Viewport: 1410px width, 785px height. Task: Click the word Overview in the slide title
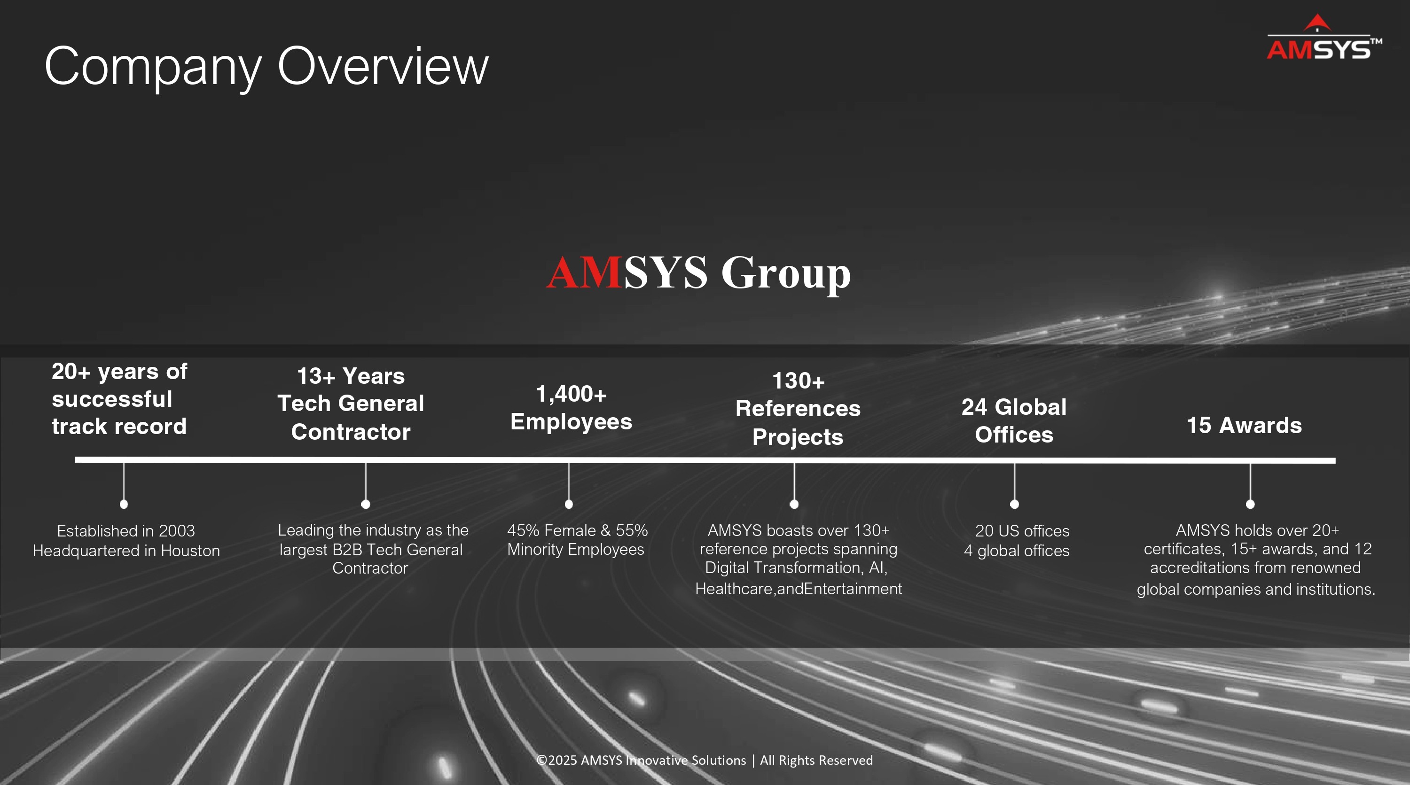pyautogui.click(x=383, y=66)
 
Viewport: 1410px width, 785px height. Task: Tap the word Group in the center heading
pyautogui.click(x=786, y=275)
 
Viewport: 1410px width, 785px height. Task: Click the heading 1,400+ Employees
pyautogui.click(x=571, y=408)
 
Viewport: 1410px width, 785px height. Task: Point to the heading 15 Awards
pyautogui.click(x=1244, y=425)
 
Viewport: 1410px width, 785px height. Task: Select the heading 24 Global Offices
pyautogui.click(x=1014, y=420)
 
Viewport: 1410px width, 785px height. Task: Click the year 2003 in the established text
pyautogui.click(x=176, y=531)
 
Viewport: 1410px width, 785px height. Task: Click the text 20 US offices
pyautogui.click(x=1022, y=531)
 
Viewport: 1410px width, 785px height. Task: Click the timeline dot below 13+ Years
pyautogui.click(x=366, y=504)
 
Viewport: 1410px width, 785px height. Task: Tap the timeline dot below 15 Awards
pyautogui.click(x=1250, y=504)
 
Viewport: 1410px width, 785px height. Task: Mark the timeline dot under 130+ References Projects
pyautogui.click(x=794, y=504)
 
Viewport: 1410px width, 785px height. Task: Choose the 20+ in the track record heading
pyautogui.click(x=71, y=372)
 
